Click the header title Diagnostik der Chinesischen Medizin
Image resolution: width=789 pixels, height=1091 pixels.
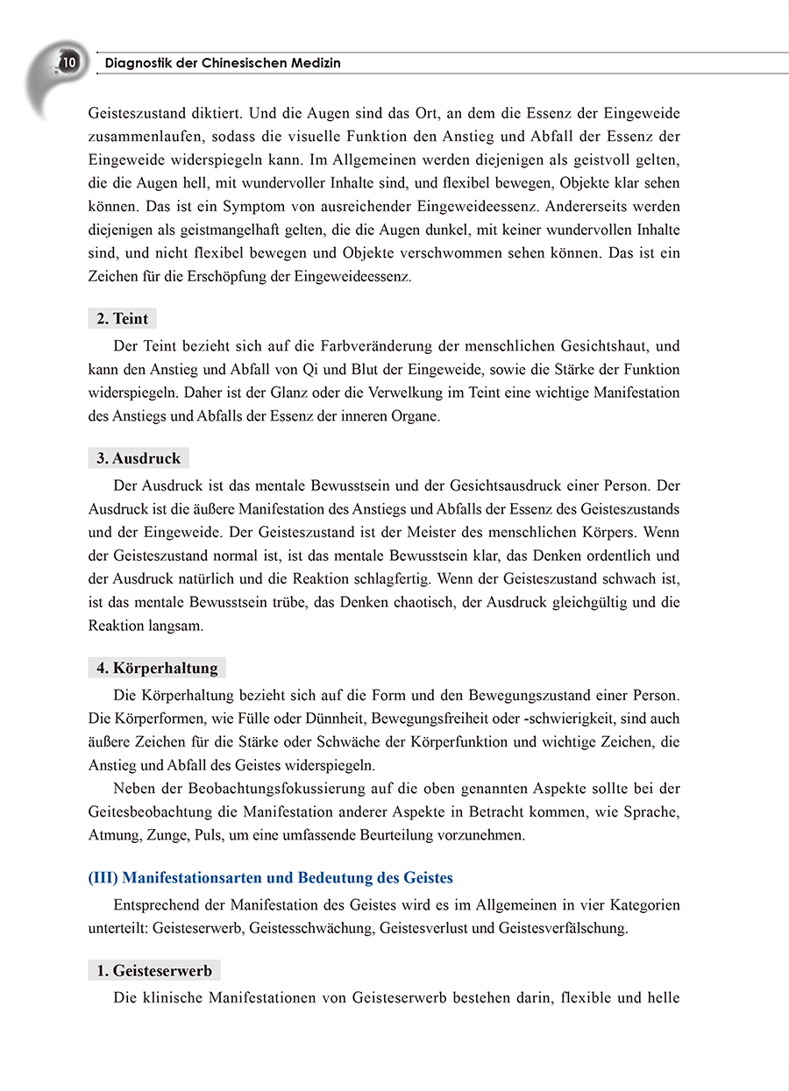pyautogui.click(x=223, y=63)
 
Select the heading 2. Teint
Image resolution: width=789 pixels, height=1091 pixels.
pyautogui.click(x=123, y=318)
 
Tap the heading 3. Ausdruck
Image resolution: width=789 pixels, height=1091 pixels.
pyautogui.click(x=139, y=458)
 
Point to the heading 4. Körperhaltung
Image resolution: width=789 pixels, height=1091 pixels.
pyautogui.click(x=157, y=668)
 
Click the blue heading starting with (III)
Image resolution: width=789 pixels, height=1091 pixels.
pyautogui.click(x=270, y=877)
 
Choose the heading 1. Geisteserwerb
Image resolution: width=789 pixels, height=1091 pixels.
pyautogui.click(x=154, y=971)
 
